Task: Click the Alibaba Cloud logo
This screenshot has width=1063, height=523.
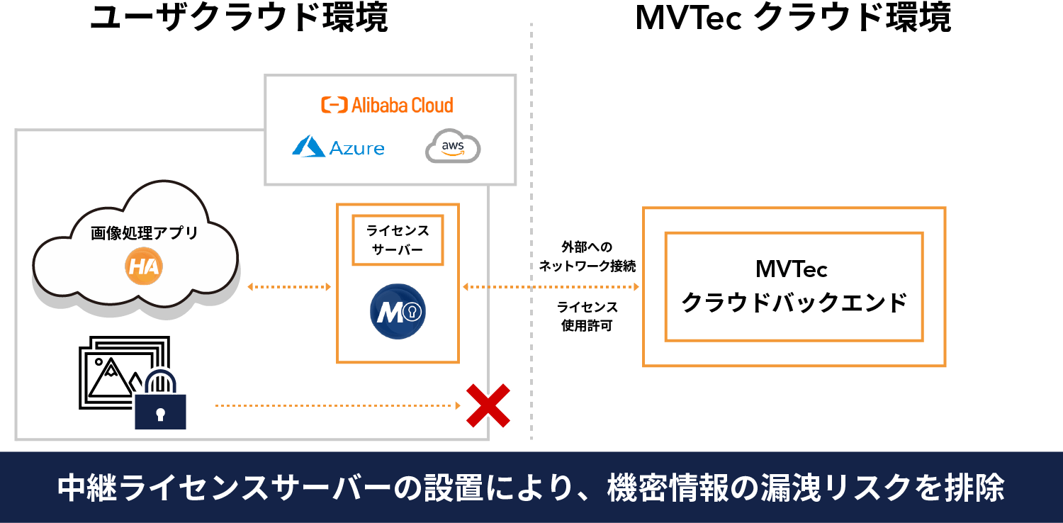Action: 387,105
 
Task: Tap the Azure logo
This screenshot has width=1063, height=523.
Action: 338,147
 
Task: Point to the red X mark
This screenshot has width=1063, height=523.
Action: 488,405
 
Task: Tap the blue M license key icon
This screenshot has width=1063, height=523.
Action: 398,312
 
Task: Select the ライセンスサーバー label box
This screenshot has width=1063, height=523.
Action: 398,240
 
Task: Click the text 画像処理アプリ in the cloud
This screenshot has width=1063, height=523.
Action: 144,233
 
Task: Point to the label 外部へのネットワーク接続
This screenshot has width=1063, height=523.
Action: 587,257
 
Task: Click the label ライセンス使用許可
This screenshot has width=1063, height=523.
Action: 587,316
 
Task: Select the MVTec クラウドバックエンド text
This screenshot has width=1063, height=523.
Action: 794,286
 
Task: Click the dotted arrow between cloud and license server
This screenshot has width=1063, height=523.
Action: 289,287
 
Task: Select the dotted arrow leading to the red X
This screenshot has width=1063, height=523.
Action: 337,406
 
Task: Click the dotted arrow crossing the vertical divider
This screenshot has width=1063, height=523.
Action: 551,287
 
